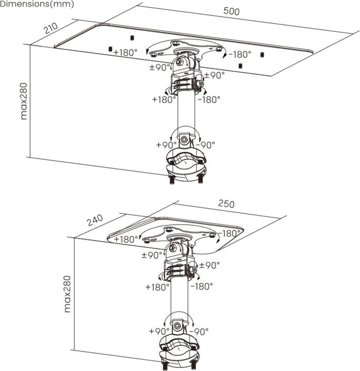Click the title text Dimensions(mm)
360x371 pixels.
[x=37, y=4]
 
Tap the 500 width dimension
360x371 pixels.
[x=231, y=11]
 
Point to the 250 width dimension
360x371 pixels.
[x=226, y=204]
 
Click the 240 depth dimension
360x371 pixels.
[x=95, y=221]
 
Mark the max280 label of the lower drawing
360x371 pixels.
[x=67, y=294]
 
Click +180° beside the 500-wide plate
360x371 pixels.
[x=126, y=52]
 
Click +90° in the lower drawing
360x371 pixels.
[x=159, y=331]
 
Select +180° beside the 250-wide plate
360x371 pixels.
[x=126, y=239]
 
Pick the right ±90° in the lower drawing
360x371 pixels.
[x=209, y=265]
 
